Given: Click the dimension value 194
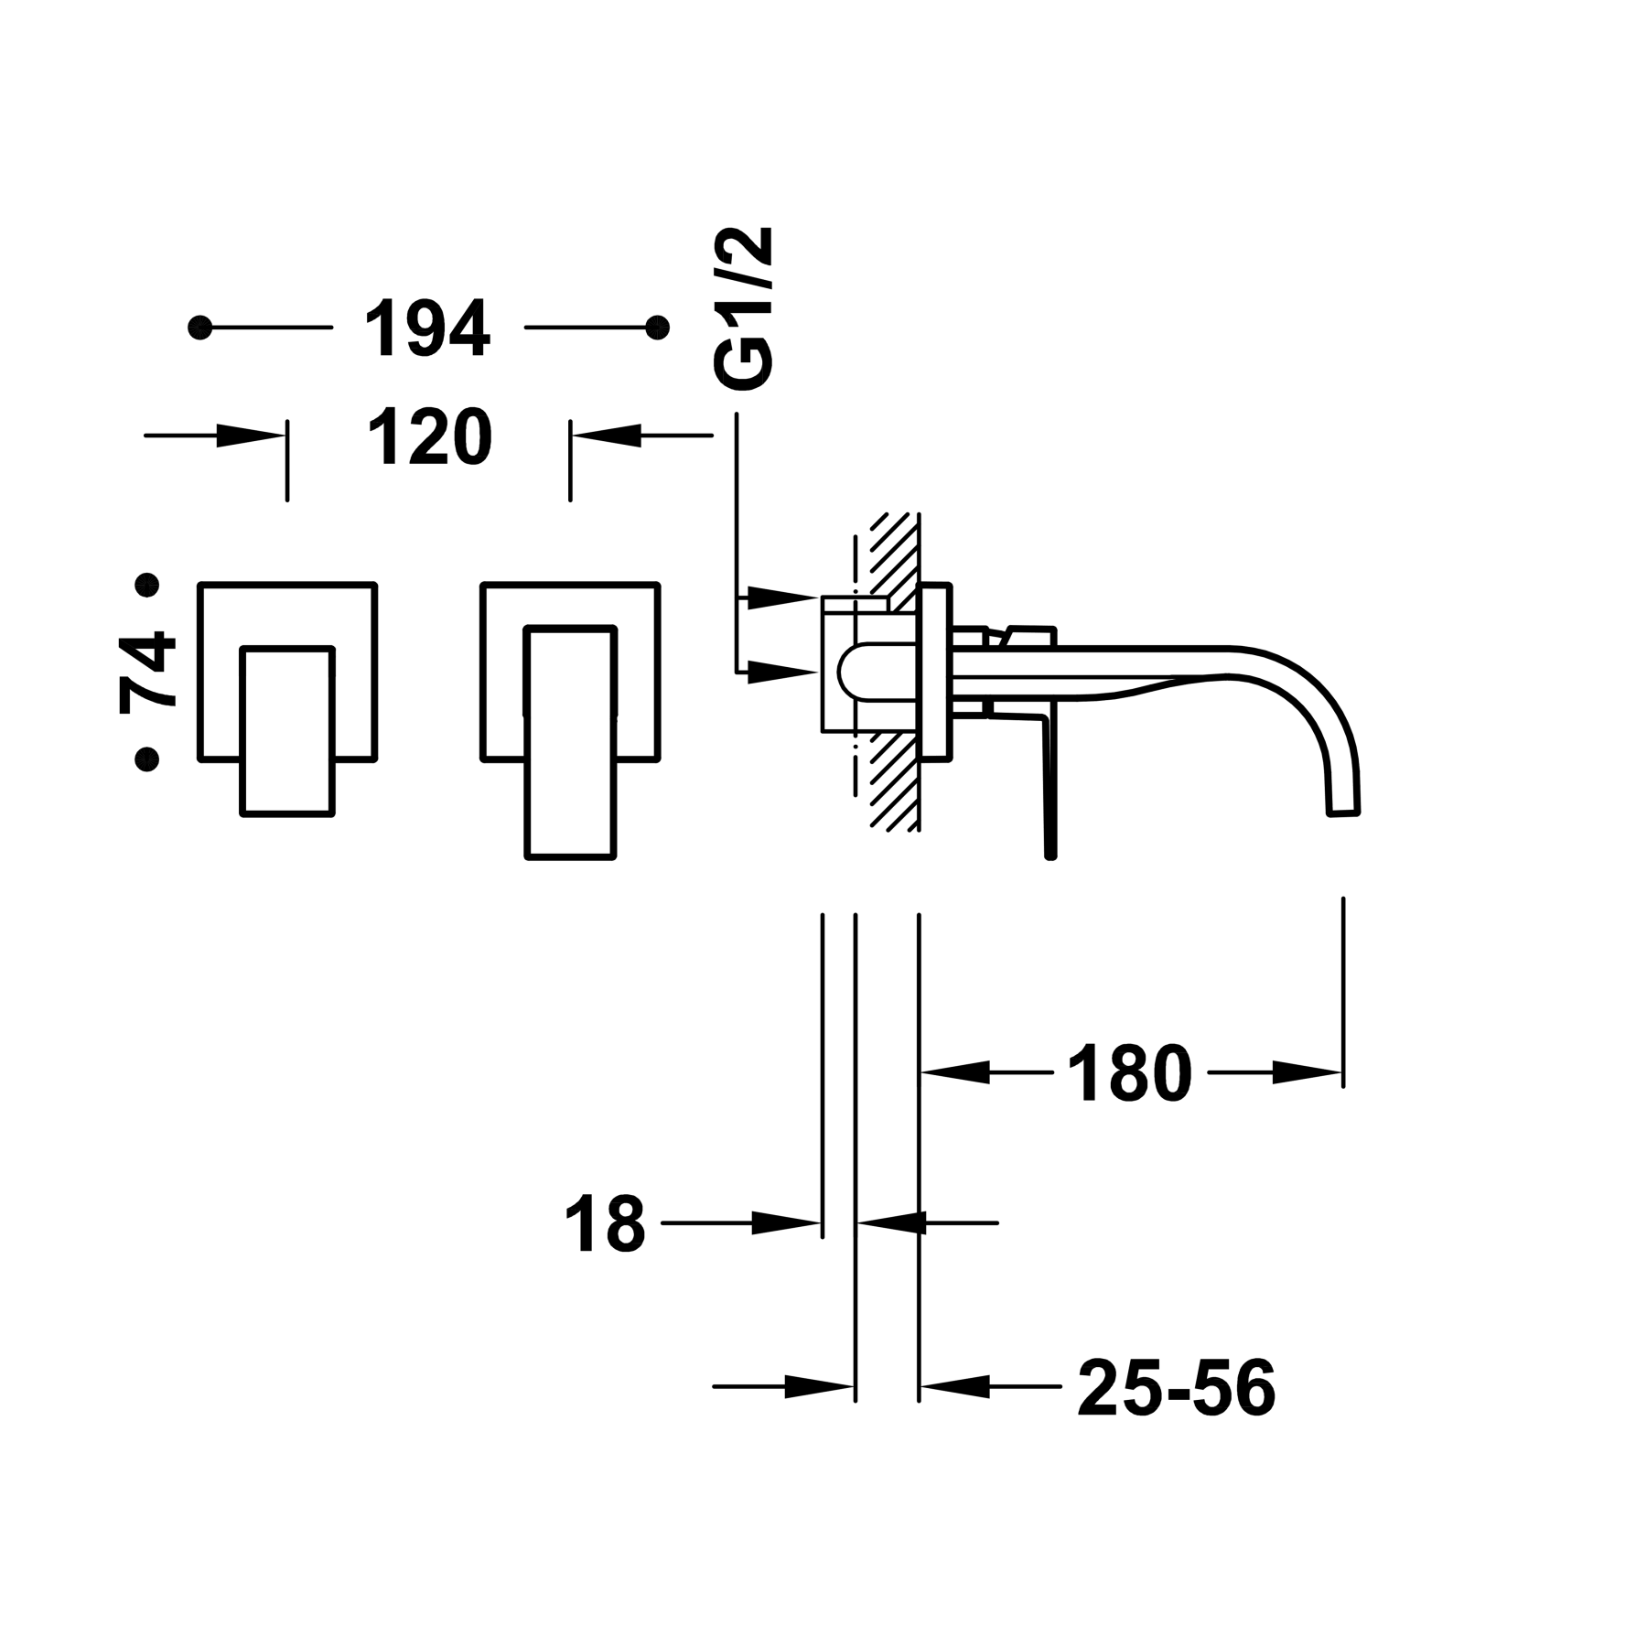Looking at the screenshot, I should tap(427, 327).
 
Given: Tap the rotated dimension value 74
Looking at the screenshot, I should tap(146, 671).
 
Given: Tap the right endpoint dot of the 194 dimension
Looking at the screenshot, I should tap(656, 327).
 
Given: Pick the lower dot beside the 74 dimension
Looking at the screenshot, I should tap(146, 759).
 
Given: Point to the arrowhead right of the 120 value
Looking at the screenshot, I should tap(609, 436).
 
